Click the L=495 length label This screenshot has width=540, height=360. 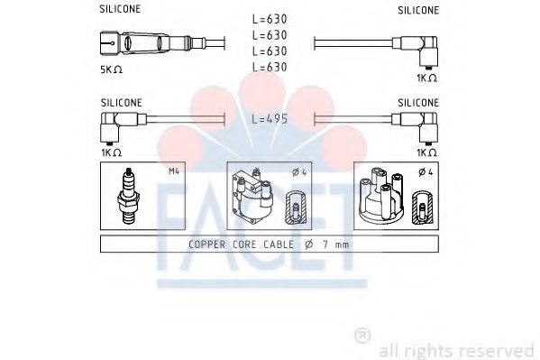coord(270,120)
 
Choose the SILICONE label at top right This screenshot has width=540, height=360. coord(418,11)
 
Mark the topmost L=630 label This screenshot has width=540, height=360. coord(270,19)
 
